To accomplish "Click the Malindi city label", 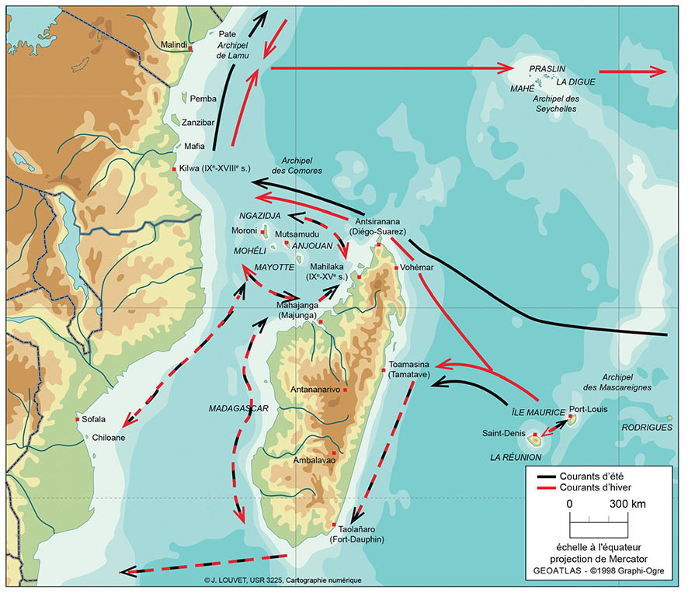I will point(173,45).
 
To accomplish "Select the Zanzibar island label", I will point(197,123).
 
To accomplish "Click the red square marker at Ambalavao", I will point(334,453).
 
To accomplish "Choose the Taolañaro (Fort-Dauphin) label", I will point(356,534).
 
